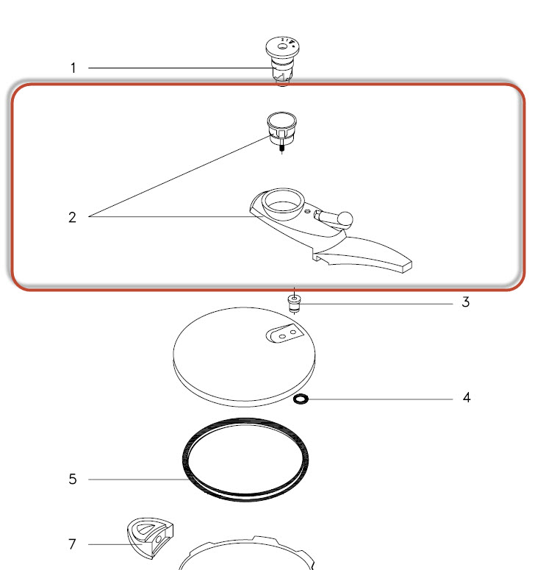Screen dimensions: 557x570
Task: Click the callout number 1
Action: (x=73, y=68)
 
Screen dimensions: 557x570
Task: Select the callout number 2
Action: (x=72, y=218)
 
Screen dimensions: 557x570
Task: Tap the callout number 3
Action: (x=465, y=302)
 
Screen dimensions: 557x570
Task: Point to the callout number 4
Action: (x=467, y=398)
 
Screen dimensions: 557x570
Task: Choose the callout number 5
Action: (x=73, y=479)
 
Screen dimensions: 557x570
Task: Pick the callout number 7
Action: (x=72, y=544)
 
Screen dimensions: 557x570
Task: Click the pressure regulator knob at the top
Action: (x=282, y=61)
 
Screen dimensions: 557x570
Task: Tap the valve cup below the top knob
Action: (x=281, y=127)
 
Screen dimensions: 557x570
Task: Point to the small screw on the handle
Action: (x=307, y=211)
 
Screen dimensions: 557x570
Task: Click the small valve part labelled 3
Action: (x=295, y=303)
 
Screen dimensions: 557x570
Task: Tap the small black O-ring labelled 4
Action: (x=301, y=399)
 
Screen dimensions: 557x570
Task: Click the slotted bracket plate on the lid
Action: (x=284, y=333)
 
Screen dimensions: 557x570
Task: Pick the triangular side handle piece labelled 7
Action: (x=151, y=538)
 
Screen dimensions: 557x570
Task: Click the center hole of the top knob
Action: (x=282, y=46)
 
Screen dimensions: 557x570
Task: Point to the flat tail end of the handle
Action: (x=407, y=266)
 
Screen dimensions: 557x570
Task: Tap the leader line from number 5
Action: (x=138, y=480)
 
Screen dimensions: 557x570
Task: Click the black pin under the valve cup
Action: (x=282, y=148)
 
